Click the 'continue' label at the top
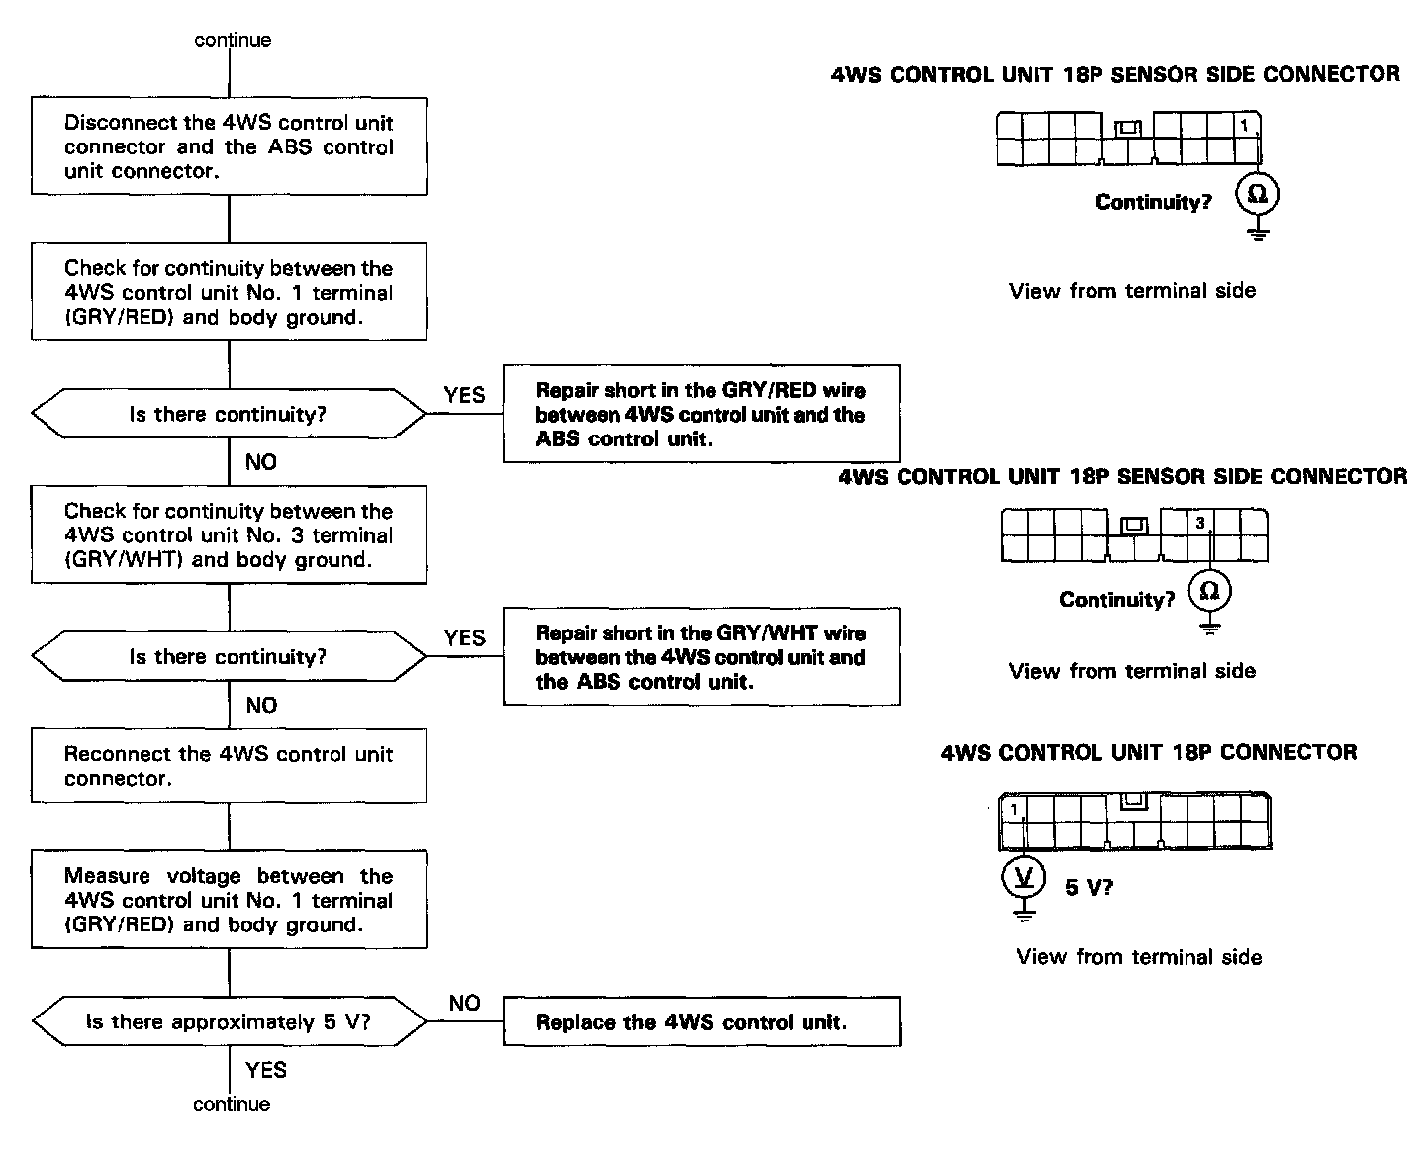[233, 40]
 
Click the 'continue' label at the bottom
[232, 1104]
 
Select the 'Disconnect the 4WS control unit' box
[229, 146]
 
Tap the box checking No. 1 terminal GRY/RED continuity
[229, 292]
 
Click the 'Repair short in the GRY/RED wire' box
[701, 414]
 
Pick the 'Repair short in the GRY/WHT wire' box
[701, 657]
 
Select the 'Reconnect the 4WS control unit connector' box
[229, 766]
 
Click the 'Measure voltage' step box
[229, 900]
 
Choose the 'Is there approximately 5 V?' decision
[229, 1021]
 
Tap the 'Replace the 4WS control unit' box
[701, 1021]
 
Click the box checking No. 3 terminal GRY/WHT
[229, 534]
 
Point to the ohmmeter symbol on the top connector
[1258, 194]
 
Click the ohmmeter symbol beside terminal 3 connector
[1209, 592]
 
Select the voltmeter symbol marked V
[1025, 876]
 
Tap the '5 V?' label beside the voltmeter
[1089, 887]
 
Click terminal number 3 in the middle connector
[1200, 523]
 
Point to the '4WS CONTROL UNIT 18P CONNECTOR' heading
[1149, 752]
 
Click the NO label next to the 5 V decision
[464, 1003]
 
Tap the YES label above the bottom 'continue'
[266, 1070]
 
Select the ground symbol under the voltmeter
[1025, 913]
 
